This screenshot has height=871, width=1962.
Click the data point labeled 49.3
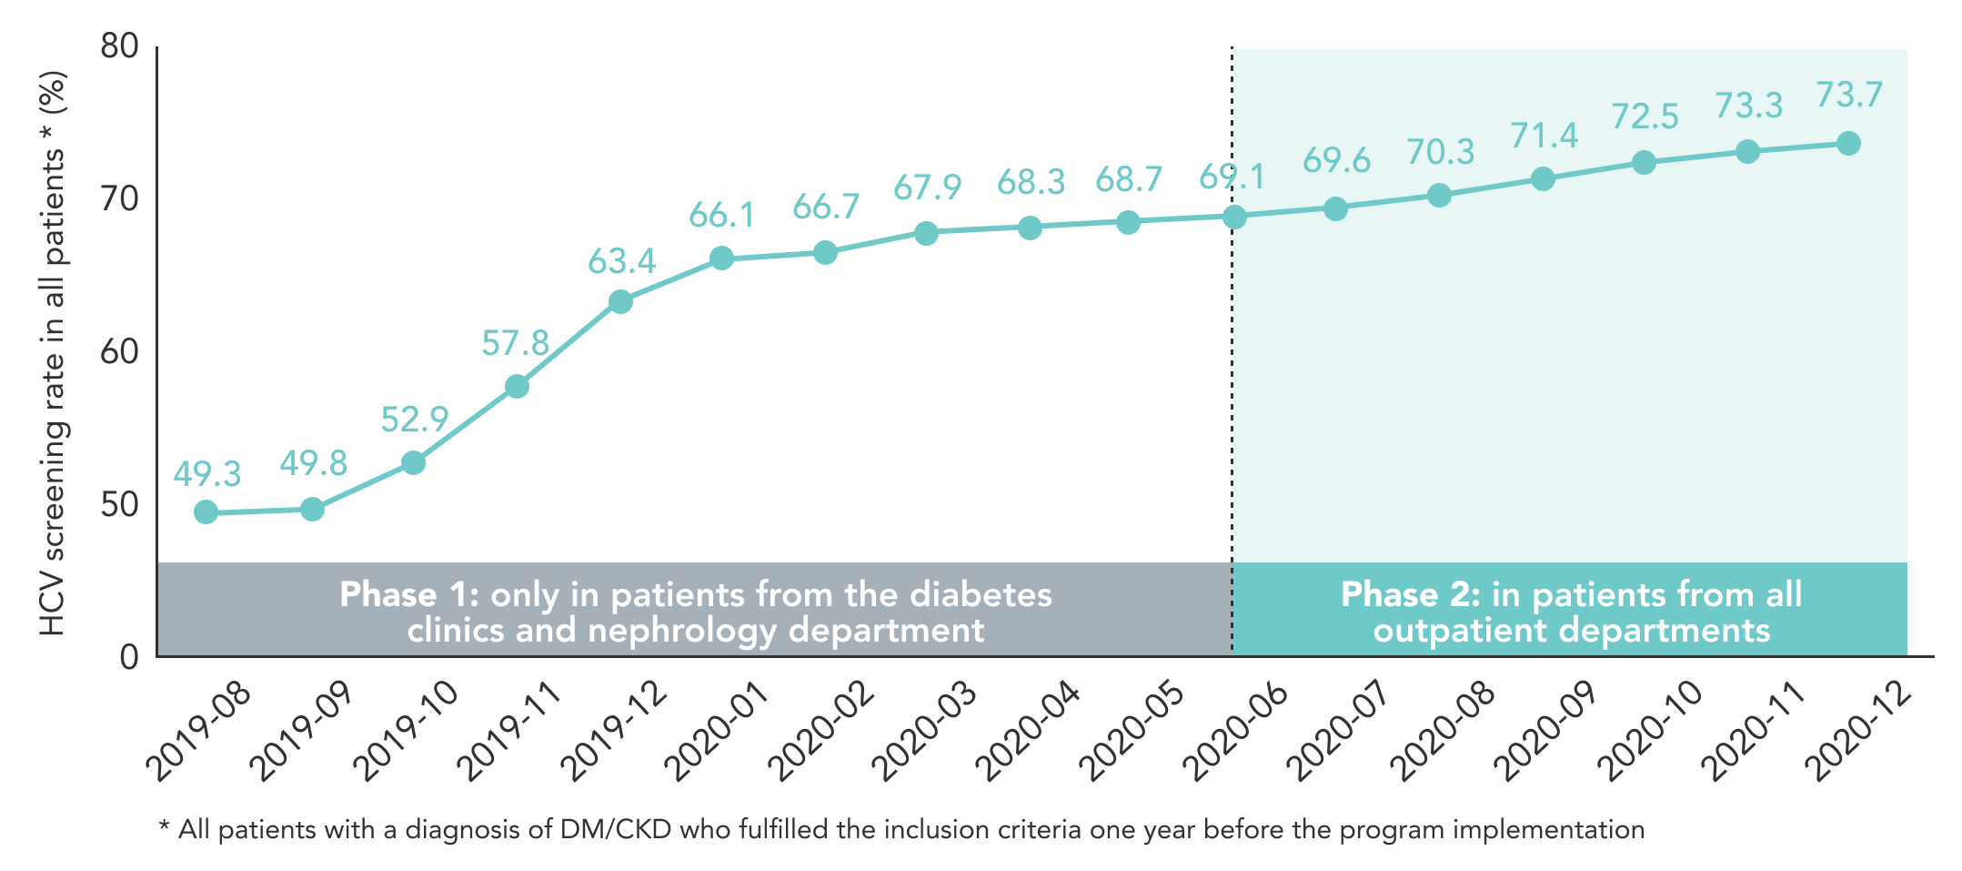pos(206,512)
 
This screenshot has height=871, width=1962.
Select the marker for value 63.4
pos(620,301)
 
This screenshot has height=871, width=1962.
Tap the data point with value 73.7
pos(1848,143)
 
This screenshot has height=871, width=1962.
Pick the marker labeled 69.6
pos(1335,208)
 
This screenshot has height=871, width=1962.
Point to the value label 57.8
pos(515,343)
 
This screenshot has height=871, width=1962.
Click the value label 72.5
pos(1645,116)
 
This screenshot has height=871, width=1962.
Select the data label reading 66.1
pos(721,215)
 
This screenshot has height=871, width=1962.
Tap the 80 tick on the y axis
pos(119,46)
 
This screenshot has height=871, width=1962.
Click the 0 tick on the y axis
pos(129,656)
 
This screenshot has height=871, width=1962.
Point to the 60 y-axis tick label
pos(119,351)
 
